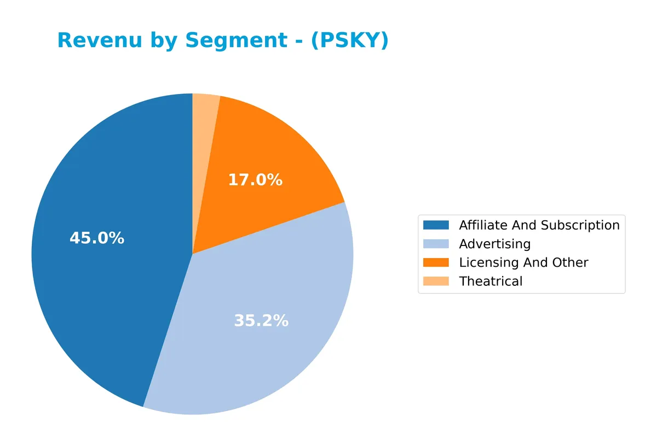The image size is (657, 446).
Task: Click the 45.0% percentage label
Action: pyautogui.click(x=97, y=239)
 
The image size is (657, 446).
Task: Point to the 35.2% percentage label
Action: pyautogui.click(x=261, y=321)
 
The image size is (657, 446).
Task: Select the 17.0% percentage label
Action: pyautogui.click(x=255, y=180)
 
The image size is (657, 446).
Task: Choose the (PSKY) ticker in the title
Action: pyautogui.click(x=349, y=40)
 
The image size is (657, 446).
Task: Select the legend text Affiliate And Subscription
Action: pyautogui.click(x=539, y=225)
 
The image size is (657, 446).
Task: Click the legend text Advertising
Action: pyautogui.click(x=495, y=244)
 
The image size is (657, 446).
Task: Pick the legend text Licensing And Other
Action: pyautogui.click(x=523, y=262)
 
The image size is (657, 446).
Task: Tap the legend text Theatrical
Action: pyautogui.click(x=491, y=281)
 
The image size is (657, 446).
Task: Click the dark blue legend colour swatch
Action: pyautogui.click(x=436, y=225)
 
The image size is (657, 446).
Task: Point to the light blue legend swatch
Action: pyautogui.click(x=436, y=244)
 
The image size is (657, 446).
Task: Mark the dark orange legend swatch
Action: pyautogui.click(x=436, y=262)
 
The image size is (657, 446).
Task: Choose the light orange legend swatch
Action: pyautogui.click(x=436, y=281)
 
